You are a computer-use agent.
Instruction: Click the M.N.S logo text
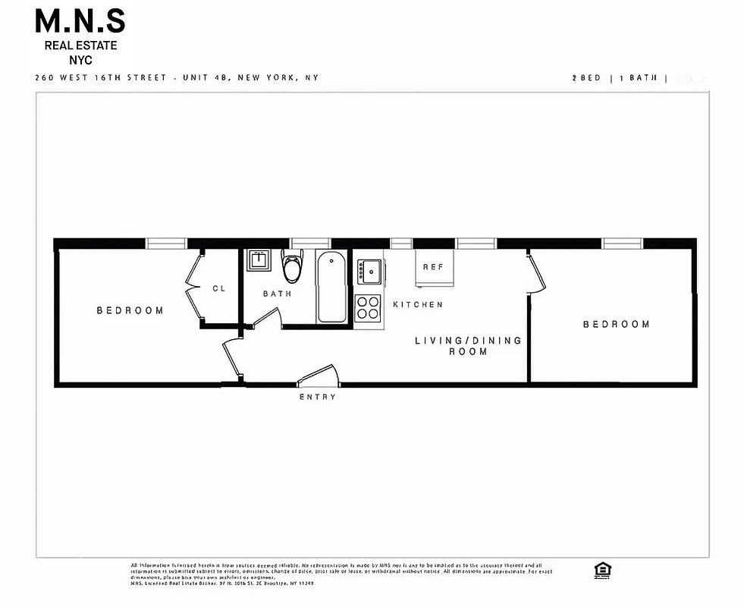[80, 21]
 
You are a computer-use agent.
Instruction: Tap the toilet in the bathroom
[290, 267]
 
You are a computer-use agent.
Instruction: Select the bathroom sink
[256, 260]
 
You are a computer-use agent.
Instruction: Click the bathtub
[330, 289]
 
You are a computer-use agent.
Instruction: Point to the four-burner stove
[369, 307]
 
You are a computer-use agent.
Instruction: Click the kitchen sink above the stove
[371, 269]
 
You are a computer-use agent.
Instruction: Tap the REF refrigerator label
[433, 267]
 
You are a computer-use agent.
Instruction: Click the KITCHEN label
[418, 304]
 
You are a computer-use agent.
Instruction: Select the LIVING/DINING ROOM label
[468, 346]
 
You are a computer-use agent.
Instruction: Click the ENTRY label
[318, 397]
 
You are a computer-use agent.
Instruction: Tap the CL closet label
[218, 288]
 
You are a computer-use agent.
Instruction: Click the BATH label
[277, 294]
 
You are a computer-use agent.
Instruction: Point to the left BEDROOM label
[130, 310]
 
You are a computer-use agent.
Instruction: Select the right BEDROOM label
[616, 324]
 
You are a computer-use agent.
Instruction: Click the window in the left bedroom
[167, 244]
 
